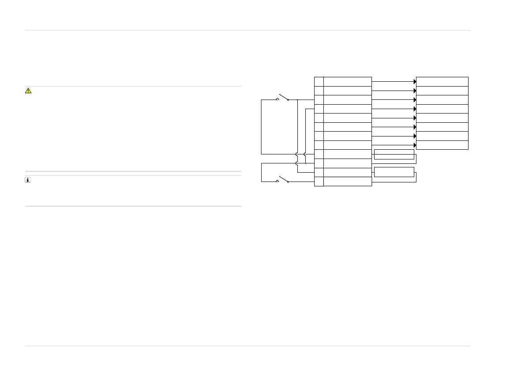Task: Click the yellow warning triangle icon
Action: tap(28, 91)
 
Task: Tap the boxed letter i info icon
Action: tap(28, 180)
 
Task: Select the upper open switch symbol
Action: tap(282, 98)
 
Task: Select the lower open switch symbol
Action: tap(282, 180)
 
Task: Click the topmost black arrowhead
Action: tap(415, 82)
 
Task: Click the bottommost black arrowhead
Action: tap(415, 145)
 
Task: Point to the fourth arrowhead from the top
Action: tap(415, 109)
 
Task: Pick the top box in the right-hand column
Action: tap(442, 81)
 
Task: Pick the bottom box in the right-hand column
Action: tap(442, 145)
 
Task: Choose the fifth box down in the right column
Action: tap(442, 117)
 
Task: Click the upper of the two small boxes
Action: tap(394, 154)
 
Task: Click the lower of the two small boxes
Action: tap(394, 172)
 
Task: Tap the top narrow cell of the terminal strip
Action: tap(319, 81)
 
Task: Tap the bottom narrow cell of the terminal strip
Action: tap(319, 182)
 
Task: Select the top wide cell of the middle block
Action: tap(347, 81)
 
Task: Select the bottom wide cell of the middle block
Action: tap(347, 182)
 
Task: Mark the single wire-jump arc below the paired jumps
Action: tap(297, 163)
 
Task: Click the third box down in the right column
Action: tap(442, 99)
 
